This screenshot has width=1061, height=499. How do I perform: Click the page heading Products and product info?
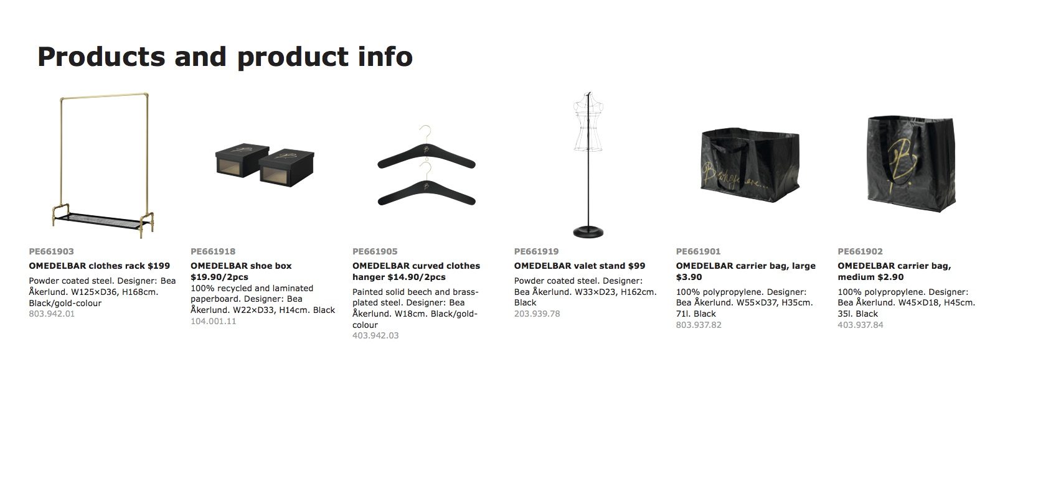(x=225, y=57)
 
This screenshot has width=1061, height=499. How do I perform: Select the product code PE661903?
(x=51, y=251)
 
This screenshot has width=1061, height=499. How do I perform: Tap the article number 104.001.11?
(x=213, y=321)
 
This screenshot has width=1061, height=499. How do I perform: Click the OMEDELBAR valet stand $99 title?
(x=579, y=266)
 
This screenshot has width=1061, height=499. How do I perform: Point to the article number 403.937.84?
(x=860, y=325)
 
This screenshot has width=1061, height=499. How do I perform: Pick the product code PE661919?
(x=536, y=251)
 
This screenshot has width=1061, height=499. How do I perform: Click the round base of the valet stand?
(x=588, y=232)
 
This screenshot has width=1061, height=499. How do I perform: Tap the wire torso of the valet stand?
(x=588, y=122)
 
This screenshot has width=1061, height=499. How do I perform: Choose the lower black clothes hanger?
(x=427, y=194)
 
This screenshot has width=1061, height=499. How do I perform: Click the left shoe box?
(x=242, y=160)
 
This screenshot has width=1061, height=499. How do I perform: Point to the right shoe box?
(x=286, y=167)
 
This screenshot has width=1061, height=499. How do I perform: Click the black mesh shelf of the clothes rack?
(x=100, y=220)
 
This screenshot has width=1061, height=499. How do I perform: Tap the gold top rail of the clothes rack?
(x=104, y=96)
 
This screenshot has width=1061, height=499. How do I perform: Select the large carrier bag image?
(x=750, y=165)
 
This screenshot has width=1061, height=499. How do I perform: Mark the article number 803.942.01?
(x=52, y=314)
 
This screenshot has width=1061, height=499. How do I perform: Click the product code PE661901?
(x=698, y=251)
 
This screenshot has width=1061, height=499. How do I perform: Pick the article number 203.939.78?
(x=537, y=314)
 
